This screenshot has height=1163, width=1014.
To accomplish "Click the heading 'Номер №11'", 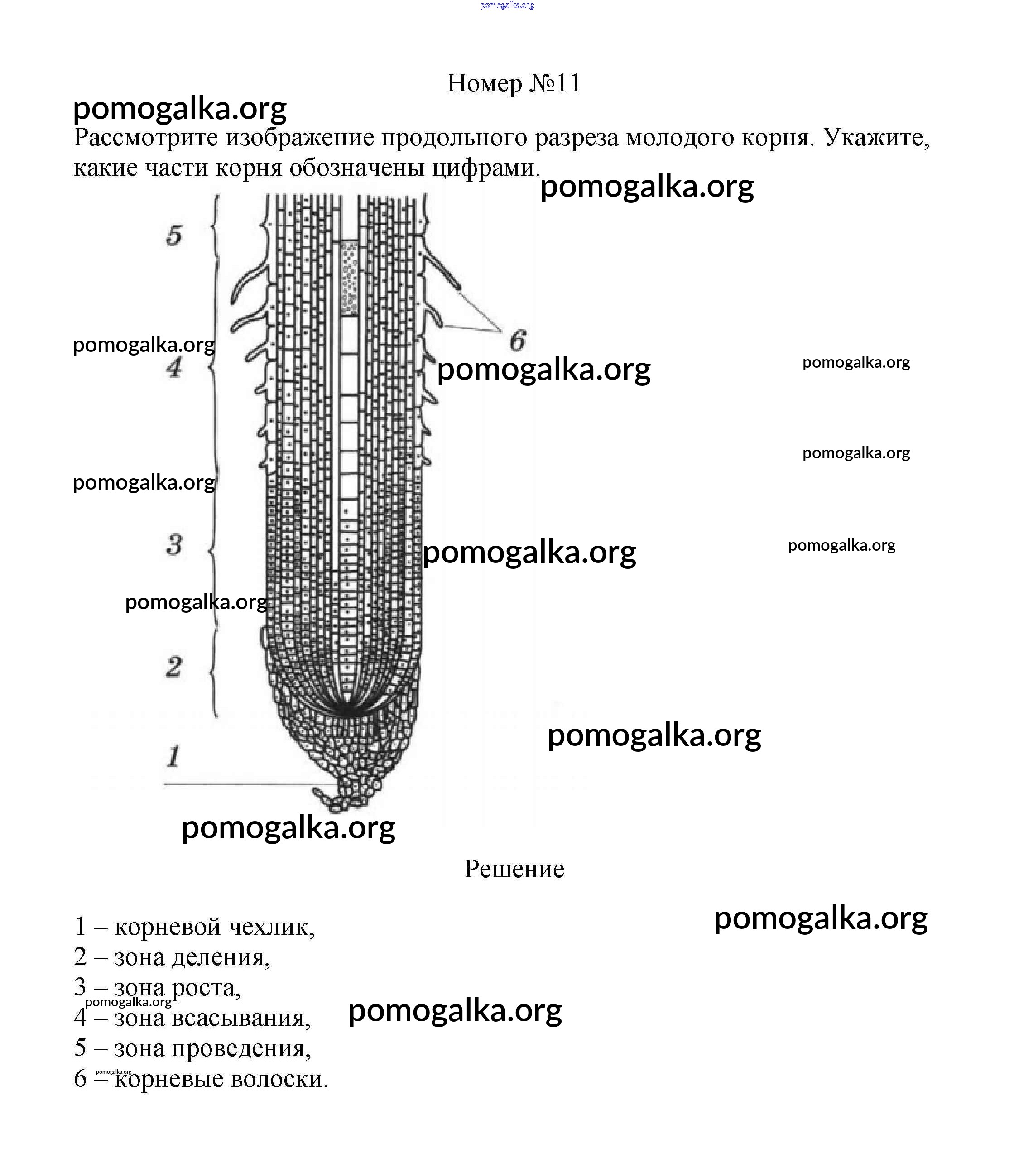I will pos(514,84).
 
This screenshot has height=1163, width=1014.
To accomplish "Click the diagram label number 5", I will pos(174,235).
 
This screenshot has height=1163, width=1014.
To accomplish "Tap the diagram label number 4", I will pos(174,367).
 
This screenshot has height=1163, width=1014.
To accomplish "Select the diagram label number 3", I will pos(174,545).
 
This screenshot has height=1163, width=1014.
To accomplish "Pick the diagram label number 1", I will pos(173,757).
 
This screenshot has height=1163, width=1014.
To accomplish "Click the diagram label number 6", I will pos(517,341).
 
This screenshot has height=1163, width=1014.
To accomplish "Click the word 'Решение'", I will pos(514,869).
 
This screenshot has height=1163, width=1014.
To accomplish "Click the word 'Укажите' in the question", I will pos(876,138).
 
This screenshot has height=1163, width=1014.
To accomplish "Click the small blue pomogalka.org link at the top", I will pos(507,5).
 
